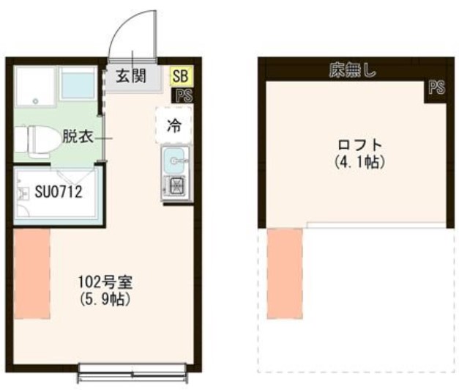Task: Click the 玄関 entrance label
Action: click(133, 76)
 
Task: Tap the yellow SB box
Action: click(179, 76)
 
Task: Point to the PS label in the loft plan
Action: click(436, 88)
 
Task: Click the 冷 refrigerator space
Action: click(173, 125)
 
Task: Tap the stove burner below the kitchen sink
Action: click(176, 187)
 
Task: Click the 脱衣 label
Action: click(77, 136)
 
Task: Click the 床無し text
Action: click(351, 71)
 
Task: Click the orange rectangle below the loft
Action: click(285, 273)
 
